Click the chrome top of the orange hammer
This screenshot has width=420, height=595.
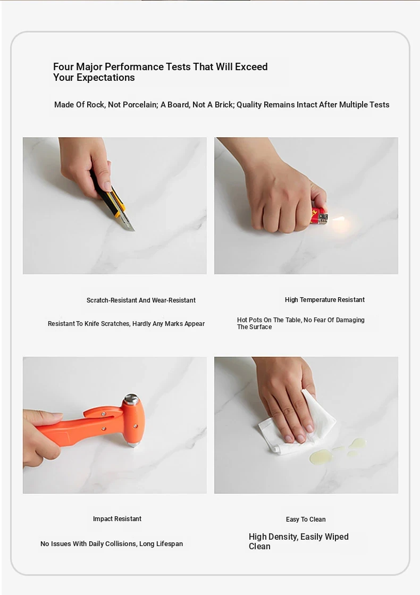131,399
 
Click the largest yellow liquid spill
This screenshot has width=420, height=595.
321,457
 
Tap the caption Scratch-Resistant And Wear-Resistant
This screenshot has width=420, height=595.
141,300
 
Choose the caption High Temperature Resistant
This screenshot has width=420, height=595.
325,300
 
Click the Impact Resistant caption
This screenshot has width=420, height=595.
117,519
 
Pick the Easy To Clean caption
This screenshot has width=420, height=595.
306,519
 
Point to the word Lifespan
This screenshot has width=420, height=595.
170,544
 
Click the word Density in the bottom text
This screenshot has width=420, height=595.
282,537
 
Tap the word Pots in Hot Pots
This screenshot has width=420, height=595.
255,320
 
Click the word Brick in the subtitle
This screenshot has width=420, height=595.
223,105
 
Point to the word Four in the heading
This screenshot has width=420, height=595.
63,67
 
